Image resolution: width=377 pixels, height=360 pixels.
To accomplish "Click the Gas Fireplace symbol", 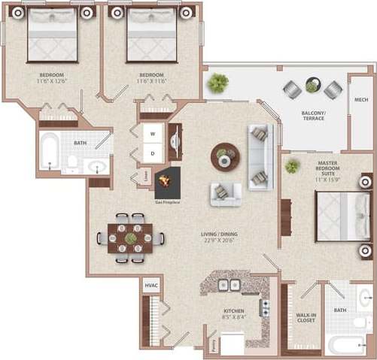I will [x=167, y=181].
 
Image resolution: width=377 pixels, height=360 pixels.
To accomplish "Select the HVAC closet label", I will [x=150, y=286].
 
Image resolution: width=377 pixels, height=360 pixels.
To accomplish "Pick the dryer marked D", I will [x=153, y=153].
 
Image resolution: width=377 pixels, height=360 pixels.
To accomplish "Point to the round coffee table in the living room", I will [x=223, y=154].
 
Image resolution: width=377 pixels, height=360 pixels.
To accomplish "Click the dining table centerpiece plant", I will [x=130, y=238].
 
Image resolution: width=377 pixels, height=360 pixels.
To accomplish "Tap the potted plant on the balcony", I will [x=219, y=80].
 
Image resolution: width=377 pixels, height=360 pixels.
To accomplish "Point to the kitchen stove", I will [x=265, y=308].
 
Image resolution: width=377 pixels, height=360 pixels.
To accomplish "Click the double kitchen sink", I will [x=225, y=285].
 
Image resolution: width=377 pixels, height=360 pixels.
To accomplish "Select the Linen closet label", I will [x=144, y=177].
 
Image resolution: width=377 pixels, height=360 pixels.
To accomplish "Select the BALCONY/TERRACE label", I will [x=313, y=116].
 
